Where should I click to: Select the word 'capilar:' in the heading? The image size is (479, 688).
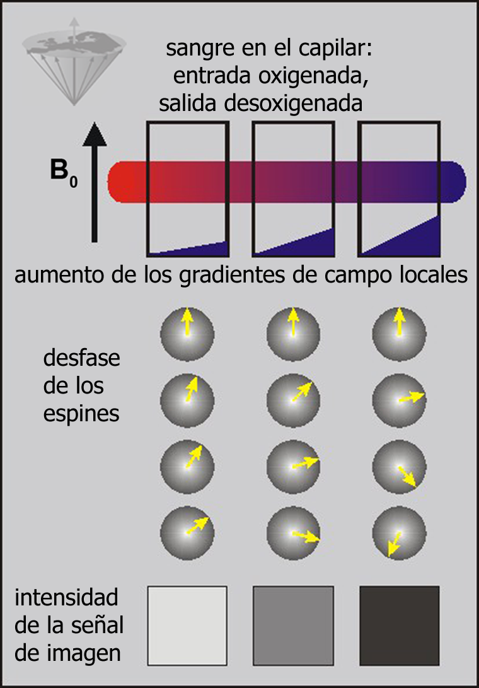point(346,48)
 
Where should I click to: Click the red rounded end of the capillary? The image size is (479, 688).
point(120,182)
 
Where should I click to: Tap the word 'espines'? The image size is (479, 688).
point(82,414)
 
